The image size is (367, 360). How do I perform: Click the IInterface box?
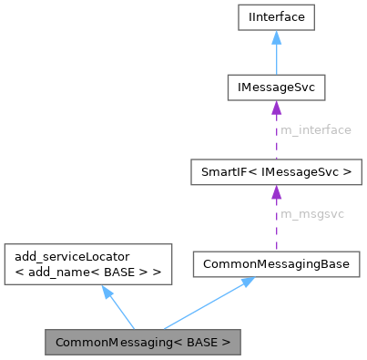(276, 16)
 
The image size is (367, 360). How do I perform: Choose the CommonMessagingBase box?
(276, 263)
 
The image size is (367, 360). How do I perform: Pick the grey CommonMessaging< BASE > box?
(144, 344)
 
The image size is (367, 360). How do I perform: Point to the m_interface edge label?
(315, 130)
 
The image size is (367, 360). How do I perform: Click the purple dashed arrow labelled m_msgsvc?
(276, 219)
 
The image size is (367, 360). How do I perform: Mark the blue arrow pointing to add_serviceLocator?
(122, 310)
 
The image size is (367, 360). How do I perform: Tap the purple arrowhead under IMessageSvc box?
(276, 108)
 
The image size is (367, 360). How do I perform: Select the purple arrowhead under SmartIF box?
(276, 192)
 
